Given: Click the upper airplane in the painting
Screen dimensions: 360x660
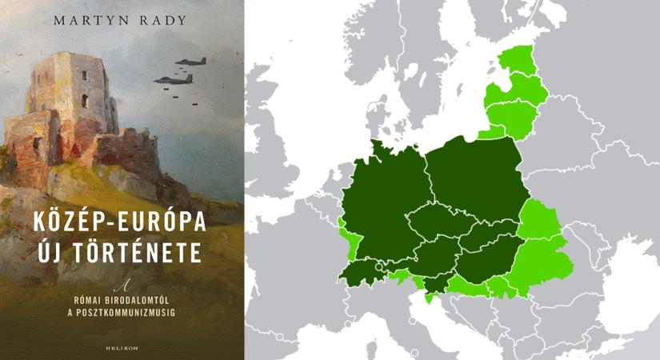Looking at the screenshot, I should (192, 61).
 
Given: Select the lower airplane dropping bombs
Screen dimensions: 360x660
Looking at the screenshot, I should (170, 79).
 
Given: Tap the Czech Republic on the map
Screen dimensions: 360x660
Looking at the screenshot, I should (438, 224).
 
